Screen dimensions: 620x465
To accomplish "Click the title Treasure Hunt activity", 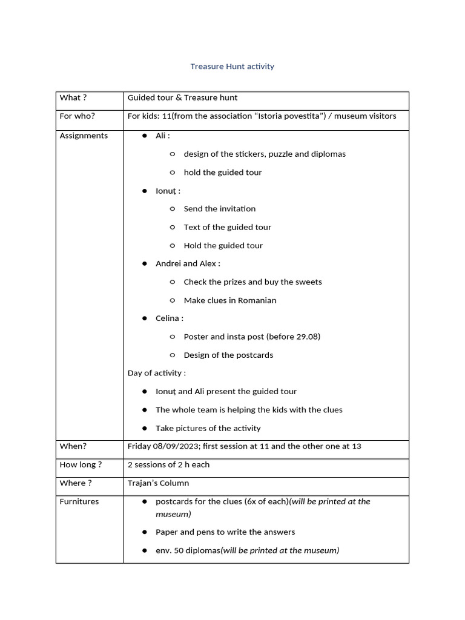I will pyautogui.click(x=232, y=67).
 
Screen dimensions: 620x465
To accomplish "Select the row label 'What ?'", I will pyautogui.click(x=73, y=98).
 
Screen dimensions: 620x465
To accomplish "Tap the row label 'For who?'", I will pyautogui.click(x=77, y=116).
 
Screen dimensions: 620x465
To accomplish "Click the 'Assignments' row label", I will pyautogui.click(x=84, y=136).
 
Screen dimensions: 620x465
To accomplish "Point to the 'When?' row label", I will pyautogui.click(x=73, y=446).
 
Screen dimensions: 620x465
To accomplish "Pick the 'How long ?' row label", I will pyautogui.click(x=81, y=464).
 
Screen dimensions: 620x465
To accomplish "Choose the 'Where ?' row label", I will pyautogui.click(x=76, y=483).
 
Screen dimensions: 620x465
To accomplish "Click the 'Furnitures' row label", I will pyautogui.click(x=79, y=501).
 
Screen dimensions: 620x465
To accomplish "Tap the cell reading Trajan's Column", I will pyautogui.click(x=158, y=483).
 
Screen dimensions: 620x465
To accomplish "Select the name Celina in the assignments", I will pyautogui.click(x=168, y=318).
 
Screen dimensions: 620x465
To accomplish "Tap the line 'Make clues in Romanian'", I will pyautogui.click(x=229, y=300).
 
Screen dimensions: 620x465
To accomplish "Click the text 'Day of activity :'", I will pyautogui.click(x=156, y=373).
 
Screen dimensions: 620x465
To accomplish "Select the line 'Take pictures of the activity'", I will pyautogui.click(x=208, y=428).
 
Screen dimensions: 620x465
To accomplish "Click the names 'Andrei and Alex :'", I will pyautogui.click(x=188, y=263).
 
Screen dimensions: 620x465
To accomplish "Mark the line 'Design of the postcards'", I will pyautogui.click(x=228, y=355).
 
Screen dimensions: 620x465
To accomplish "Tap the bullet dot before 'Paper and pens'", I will pyautogui.click(x=145, y=532).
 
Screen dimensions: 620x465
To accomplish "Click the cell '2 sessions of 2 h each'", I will pyautogui.click(x=168, y=464).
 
